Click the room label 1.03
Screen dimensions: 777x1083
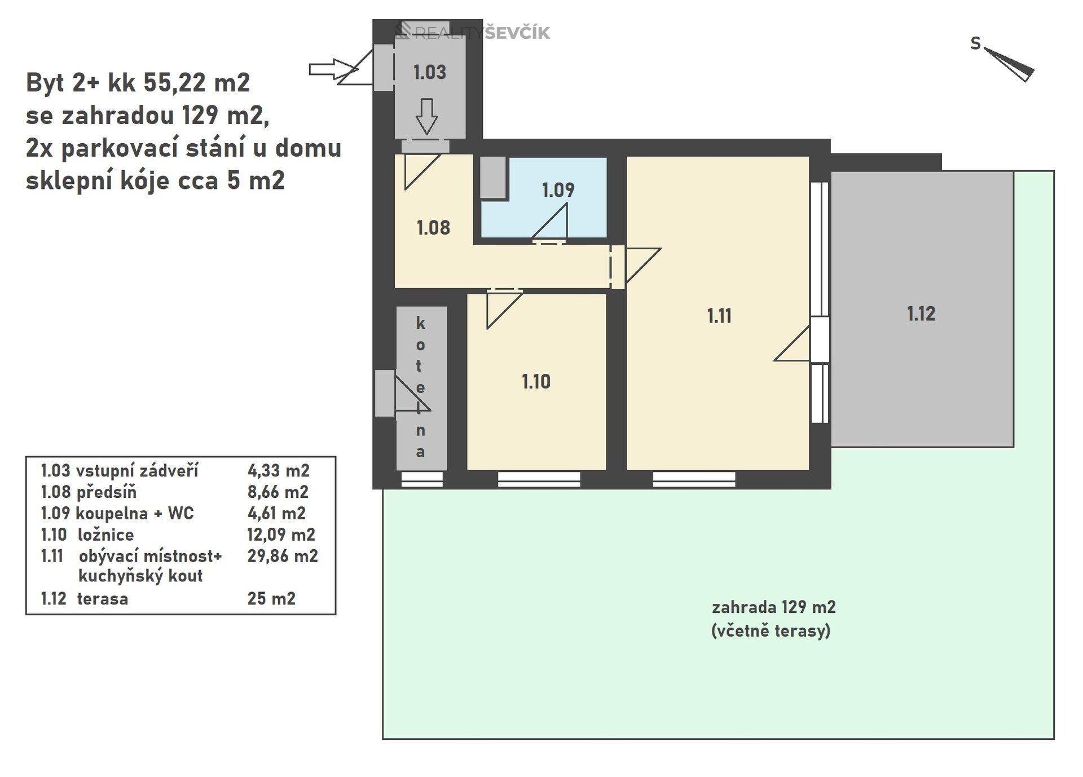429,72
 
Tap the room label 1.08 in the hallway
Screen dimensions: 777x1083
433,228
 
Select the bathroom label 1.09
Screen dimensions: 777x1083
558,190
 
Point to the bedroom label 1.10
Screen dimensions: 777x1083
536,382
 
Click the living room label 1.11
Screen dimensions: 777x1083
719,316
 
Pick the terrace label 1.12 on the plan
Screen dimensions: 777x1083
921,314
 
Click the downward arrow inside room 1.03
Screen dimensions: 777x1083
426,116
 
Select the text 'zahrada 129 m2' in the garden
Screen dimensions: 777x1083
773,607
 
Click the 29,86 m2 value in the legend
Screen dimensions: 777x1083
282,557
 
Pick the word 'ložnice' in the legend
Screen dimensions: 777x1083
105,535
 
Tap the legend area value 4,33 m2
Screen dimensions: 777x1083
278,471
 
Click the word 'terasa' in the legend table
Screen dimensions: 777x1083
102,599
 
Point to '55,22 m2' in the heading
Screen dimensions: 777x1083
196,83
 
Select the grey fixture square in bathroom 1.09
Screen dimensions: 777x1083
493,178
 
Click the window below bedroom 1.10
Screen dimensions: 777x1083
539,479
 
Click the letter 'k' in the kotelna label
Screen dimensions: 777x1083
420,324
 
